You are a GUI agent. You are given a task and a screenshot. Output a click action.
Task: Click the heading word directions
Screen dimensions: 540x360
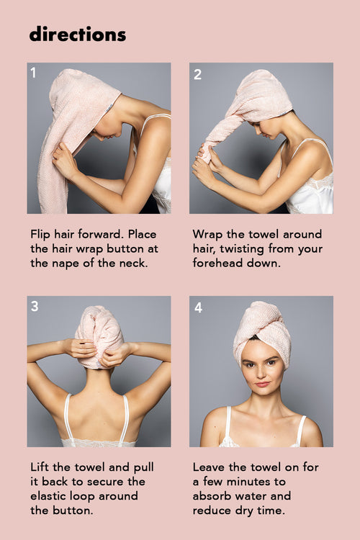point(77,34)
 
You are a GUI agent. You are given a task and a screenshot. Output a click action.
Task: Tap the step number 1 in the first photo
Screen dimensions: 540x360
point(34,73)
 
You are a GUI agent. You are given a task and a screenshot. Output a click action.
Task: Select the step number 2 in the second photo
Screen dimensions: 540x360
point(197,74)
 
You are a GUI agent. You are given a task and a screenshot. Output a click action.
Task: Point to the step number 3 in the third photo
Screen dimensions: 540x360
point(35,307)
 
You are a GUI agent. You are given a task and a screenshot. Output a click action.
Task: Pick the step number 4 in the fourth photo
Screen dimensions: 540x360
point(198,307)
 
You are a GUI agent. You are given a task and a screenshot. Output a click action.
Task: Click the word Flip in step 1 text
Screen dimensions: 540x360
point(41,235)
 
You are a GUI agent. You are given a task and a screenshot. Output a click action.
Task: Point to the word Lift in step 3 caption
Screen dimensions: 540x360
point(40,467)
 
